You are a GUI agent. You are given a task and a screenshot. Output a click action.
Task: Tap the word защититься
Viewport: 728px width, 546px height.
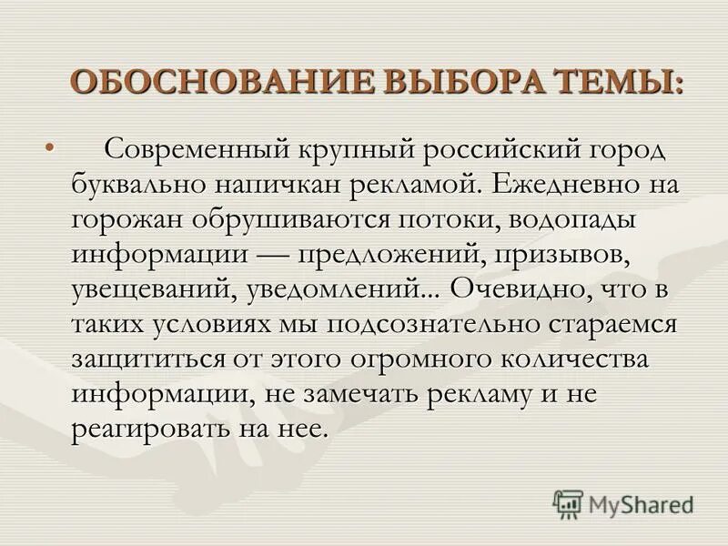click(150, 360)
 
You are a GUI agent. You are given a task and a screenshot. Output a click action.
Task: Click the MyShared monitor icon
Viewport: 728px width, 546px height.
click(568, 502)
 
